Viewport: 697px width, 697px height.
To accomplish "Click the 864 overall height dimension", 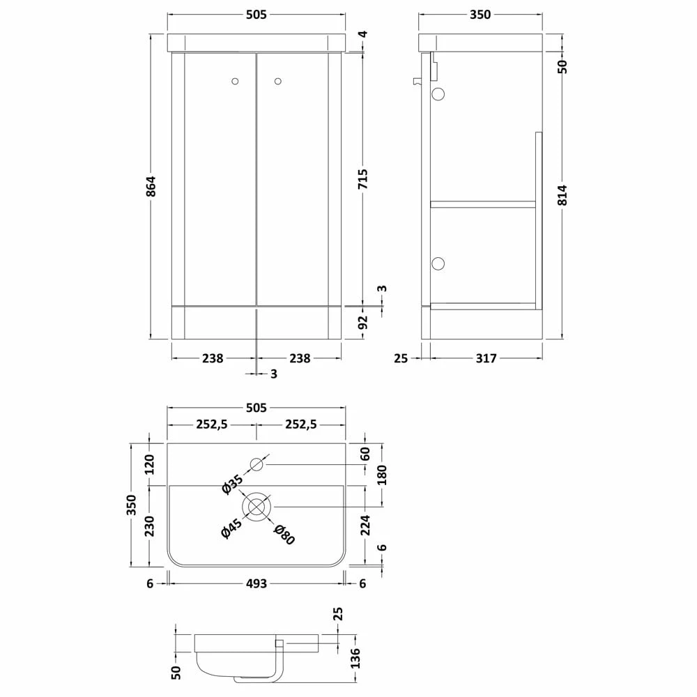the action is [151, 187].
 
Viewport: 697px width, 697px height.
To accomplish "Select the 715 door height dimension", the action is [362, 178].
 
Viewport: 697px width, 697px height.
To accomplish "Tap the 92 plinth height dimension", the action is [363, 322].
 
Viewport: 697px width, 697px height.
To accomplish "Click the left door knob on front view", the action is [235, 82].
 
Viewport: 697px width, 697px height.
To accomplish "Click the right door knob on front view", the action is [278, 82].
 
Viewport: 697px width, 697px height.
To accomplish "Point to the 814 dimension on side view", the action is [562, 194].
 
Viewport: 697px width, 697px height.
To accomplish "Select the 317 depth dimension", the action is [486, 358].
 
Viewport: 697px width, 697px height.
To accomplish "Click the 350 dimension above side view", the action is [480, 15].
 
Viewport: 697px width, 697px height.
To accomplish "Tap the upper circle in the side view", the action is [438, 94].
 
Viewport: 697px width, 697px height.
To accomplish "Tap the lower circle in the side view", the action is [438, 263].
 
